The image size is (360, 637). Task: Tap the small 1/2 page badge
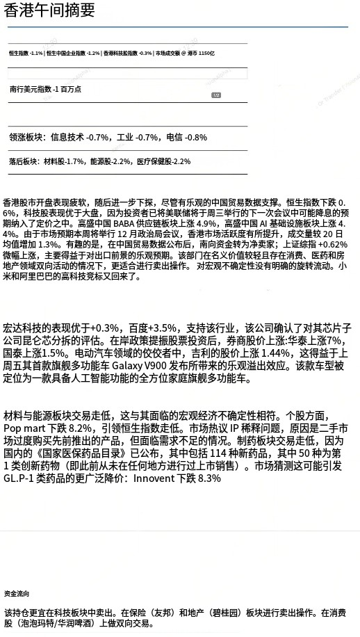point(216,95)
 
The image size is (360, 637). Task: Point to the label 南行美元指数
point(31,89)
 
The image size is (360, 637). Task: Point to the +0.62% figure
point(331,244)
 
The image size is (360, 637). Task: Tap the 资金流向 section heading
point(17,595)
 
